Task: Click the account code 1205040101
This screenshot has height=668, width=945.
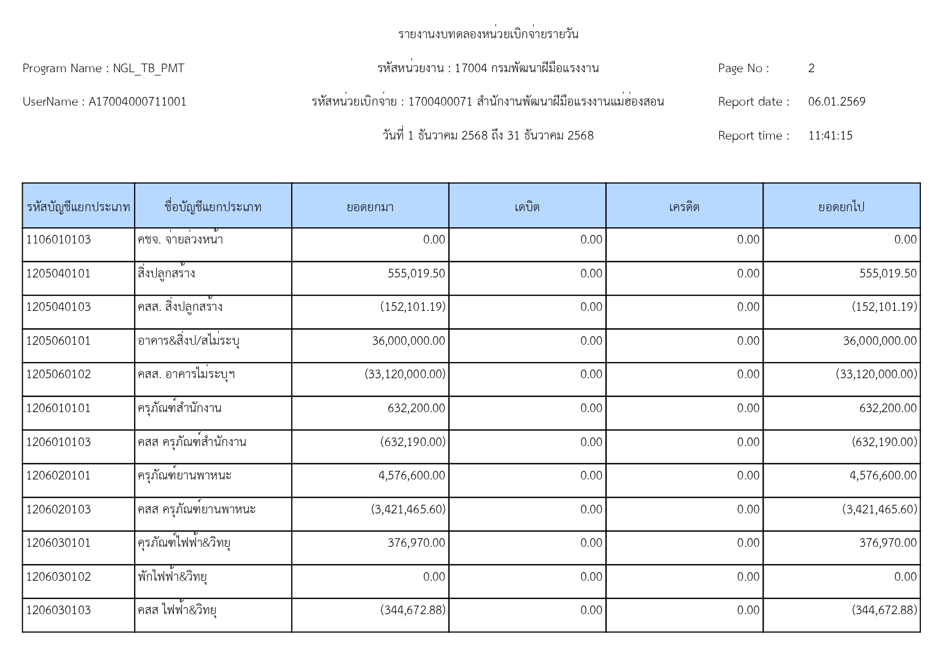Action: click(x=58, y=274)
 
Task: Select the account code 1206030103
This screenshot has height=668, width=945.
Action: click(x=58, y=610)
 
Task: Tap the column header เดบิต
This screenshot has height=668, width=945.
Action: click(x=527, y=207)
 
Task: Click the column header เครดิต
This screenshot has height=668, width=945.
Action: click(x=684, y=207)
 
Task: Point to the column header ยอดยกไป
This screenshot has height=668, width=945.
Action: click(x=841, y=207)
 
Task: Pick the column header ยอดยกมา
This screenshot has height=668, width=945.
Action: click(x=370, y=207)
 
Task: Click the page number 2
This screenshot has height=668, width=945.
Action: click(x=811, y=68)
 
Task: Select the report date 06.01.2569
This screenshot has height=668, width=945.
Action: click(x=836, y=102)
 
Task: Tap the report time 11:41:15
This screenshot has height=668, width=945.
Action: click(x=830, y=136)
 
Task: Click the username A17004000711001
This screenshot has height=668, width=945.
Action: click(x=137, y=102)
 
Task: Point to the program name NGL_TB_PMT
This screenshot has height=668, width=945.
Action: click(x=149, y=68)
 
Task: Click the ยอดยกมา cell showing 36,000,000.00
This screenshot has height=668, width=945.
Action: click(x=408, y=341)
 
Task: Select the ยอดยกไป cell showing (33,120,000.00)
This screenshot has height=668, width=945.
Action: click(x=876, y=374)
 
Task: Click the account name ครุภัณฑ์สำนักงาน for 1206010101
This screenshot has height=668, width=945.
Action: click(x=179, y=408)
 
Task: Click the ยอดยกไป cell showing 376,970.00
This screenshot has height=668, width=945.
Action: click(x=887, y=543)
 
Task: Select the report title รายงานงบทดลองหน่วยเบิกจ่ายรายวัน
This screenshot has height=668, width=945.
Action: click(x=488, y=34)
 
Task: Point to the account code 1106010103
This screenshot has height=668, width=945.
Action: click(x=58, y=240)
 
